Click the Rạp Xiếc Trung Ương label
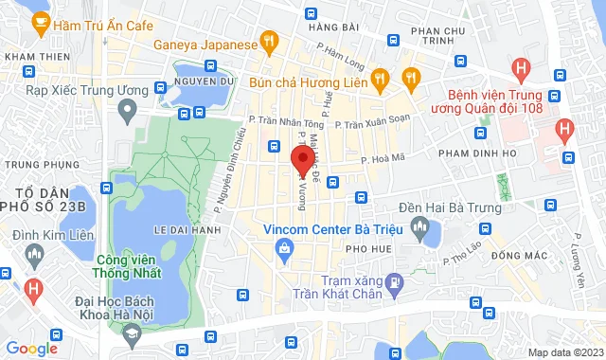[79, 92]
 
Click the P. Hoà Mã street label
[386, 162]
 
